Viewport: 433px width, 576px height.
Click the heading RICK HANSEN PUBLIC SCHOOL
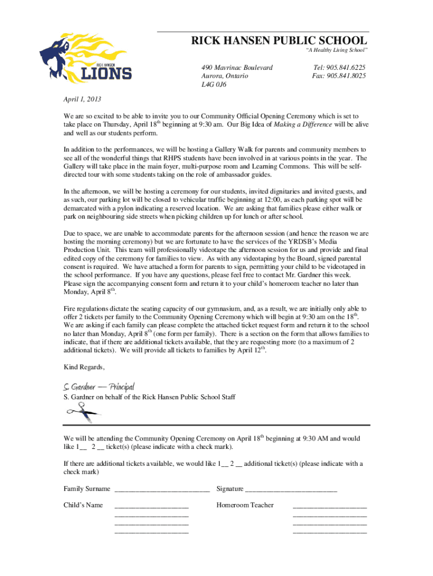(x=279, y=41)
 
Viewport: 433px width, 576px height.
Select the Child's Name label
(x=83, y=505)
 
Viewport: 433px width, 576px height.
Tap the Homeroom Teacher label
(x=245, y=505)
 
